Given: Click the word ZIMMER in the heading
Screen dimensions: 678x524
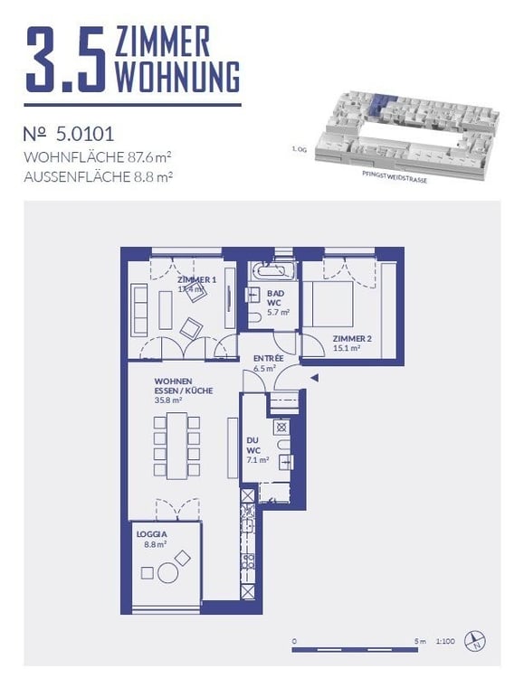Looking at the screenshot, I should tap(163, 42).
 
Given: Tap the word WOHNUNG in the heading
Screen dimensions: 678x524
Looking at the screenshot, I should tap(177, 77).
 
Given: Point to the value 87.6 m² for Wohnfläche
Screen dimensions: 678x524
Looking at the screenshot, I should tap(142, 156).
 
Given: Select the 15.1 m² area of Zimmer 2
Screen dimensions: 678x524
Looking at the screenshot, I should tap(347, 348).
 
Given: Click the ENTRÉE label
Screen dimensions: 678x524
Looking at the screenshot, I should tap(268, 359).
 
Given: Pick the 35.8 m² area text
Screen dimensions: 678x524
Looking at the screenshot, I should tap(168, 400).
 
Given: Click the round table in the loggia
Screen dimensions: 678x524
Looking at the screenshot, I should tap(167, 572).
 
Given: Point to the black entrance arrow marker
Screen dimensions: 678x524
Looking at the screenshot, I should tap(315, 378).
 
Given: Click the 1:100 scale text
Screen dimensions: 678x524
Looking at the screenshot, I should tap(444, 642).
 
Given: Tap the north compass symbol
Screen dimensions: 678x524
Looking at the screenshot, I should tap(474, 643).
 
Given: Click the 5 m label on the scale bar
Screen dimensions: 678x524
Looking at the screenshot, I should tap(419, 642).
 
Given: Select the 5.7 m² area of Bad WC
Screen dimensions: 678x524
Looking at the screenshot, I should tap(277, 313).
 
